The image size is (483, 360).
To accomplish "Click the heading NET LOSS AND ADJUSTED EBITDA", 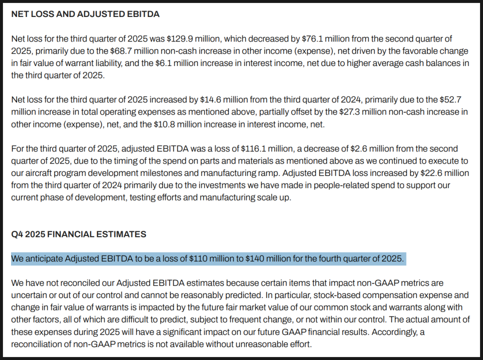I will click(x=85, y=14).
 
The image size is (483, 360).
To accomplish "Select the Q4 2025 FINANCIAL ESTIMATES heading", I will click(x=78, y=234).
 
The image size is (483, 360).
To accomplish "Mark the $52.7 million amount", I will click(x=441, y=99).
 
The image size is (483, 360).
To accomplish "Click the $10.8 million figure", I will click(x=194, y=124).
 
